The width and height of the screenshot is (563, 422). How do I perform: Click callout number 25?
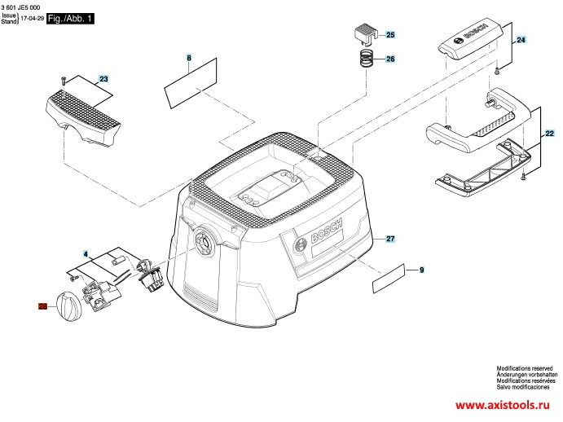tap(390, 35)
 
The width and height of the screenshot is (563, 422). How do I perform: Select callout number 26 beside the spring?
tap(390, 59)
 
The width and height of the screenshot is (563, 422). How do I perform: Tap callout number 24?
tap(521, 40)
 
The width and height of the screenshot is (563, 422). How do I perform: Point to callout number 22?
tap(549, 134)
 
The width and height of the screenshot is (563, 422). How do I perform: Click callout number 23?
tap(103, 79)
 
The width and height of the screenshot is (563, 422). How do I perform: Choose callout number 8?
tap(189, 58)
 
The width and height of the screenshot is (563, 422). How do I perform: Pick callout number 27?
tap(390, 239)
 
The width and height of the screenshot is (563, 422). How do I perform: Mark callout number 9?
tap(421, 270)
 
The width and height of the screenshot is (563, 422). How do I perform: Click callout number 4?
tap(86, 254)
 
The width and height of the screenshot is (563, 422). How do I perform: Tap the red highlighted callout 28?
tap(42, 306)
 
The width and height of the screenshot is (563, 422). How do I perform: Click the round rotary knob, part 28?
tap(69, 306)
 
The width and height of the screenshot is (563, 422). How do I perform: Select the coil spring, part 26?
tap(367, 58)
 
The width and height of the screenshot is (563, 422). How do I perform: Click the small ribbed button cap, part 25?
tap(365, 34)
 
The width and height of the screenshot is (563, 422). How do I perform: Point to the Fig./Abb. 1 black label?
tap(70, 19)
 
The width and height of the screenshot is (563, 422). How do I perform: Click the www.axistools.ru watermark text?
tap(503, 405)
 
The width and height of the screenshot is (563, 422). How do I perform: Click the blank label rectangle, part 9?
tap(389, 279)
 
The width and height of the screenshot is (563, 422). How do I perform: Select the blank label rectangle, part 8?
tap(191, 83)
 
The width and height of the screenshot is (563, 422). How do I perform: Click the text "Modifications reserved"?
tap(525, 368)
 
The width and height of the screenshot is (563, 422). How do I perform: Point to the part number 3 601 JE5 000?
tap(20, 7)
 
